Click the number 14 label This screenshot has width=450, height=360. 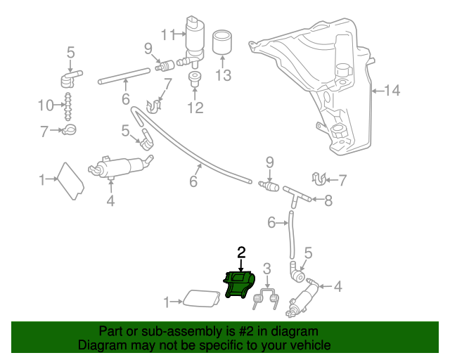pos(392,90)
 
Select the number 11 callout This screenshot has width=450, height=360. pos(167,34)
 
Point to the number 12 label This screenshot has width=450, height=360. pos(195,108)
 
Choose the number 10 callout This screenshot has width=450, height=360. pos(46,105)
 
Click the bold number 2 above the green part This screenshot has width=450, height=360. pos(241,252)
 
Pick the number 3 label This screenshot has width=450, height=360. pos(266,267)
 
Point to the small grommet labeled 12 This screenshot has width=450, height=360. pos(195,78)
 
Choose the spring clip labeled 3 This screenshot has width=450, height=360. pos(266,298)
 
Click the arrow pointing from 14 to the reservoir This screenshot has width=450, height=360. pos(376,90)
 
